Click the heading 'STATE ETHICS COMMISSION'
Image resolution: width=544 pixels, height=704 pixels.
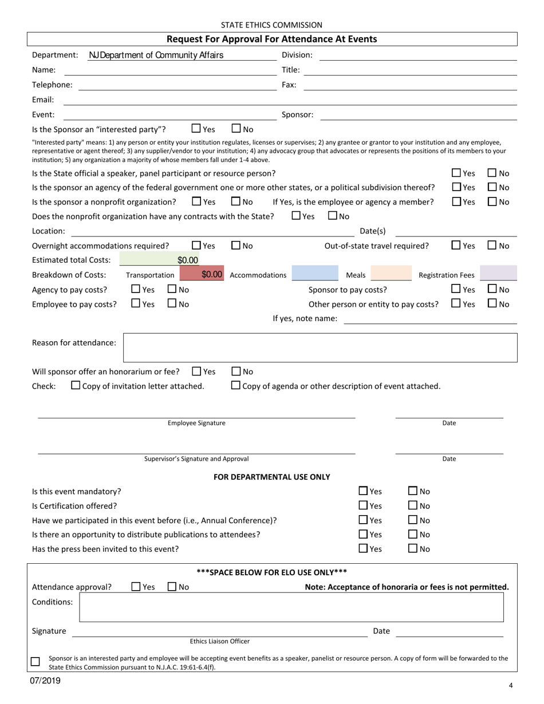(271, 25)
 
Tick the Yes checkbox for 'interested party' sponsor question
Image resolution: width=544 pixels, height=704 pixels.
(196, 129)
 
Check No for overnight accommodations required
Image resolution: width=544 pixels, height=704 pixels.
(236, 245)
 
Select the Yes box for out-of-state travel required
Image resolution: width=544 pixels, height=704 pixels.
(456, 245)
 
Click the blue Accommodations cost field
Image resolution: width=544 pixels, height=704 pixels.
(315, 275)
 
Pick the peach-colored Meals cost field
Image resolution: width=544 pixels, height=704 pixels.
(391, 275)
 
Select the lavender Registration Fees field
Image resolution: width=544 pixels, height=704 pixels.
(498, 275)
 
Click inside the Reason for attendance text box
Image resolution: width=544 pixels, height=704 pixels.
(321, 347)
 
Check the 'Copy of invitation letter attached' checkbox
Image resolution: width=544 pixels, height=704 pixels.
(76, 385)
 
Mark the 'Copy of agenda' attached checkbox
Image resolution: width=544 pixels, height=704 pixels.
(235, 385)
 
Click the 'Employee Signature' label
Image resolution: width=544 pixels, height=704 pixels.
(196, 423)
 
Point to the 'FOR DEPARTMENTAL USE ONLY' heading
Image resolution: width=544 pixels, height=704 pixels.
(271, 476)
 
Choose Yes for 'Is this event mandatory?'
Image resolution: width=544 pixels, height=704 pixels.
(363, 491)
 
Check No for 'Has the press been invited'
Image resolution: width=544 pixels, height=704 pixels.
(413, 548)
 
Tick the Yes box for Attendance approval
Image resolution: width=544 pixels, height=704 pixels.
(136, 586)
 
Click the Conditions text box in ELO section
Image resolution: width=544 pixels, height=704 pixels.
(291, 607)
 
